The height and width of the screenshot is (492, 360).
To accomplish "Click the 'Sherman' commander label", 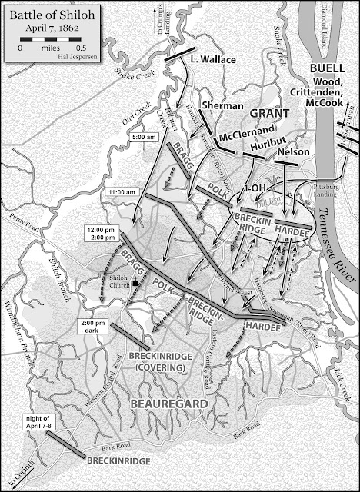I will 222,105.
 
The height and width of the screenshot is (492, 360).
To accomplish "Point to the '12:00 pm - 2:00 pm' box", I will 106,233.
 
